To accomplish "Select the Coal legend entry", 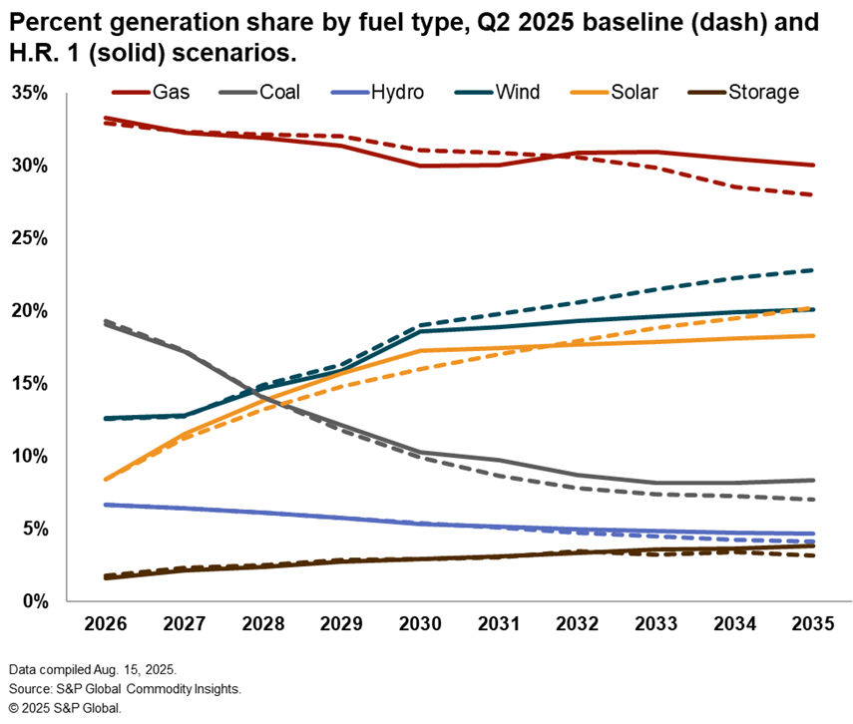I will (x=280, y=93).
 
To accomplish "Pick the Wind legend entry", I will (x=517, y=93).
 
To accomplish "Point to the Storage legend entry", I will (x=763, y=93).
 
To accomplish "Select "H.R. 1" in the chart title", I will (x=43, y=50).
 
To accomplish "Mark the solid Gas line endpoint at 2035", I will (x=812, y=166).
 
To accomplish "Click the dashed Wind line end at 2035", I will (x=812, y=270).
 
